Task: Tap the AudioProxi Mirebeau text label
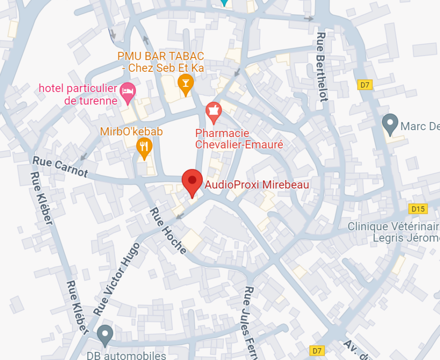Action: point(257,185)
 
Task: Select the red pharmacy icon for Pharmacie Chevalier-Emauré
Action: point(213,111)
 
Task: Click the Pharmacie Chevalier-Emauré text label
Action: point(239,139)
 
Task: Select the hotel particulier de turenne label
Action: point(78,95)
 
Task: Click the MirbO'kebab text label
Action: point(131,131)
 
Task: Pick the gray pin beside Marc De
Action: point(390,124)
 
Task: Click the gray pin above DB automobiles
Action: point(104,335)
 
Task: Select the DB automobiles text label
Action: point(126,355)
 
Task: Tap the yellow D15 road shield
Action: point(417,209)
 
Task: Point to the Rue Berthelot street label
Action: point(322,67)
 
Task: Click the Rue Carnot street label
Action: point(60,167)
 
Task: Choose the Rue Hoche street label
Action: point(168,231)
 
